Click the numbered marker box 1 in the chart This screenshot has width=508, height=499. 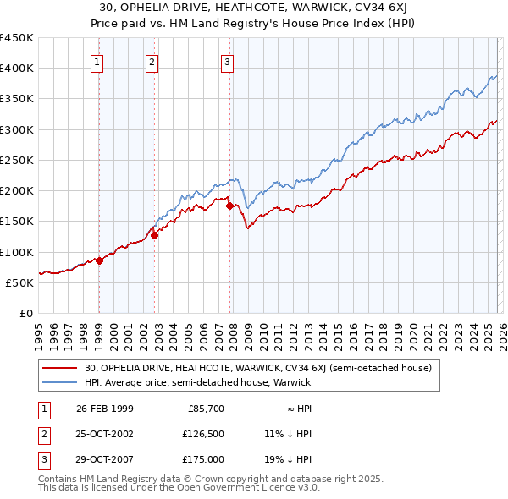coord(98,61)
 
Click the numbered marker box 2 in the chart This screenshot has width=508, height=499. coord(152,61)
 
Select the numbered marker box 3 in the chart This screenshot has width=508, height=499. coord(228,61)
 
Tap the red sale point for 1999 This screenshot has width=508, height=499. coord(99,260)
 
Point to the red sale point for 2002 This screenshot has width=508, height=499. coord(155,236)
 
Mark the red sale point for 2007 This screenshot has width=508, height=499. coord(229,206)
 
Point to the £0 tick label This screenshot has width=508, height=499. coord(25,313)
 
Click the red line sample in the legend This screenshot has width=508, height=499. coord(60,368)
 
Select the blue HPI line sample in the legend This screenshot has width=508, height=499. coord(60,382)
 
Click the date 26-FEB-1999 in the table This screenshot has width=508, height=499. coord(104,409)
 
